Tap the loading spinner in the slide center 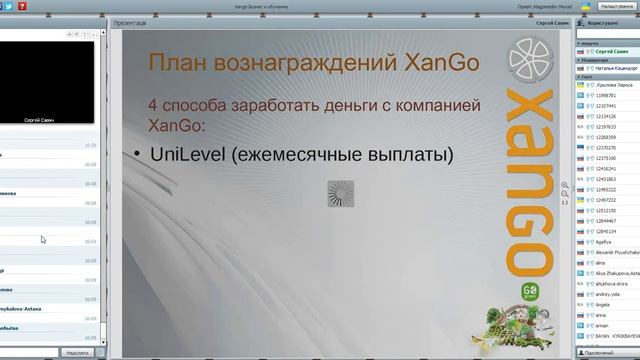341,193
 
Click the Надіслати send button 77,352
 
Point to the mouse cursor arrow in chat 43,239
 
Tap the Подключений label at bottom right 599,353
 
